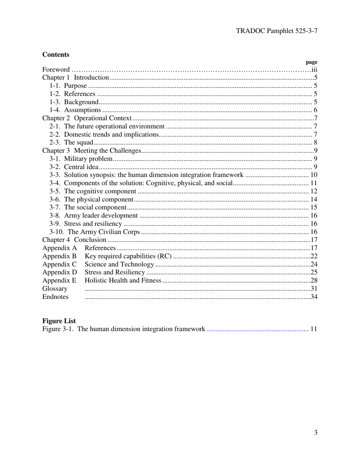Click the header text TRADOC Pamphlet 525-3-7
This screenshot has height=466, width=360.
point(276,31)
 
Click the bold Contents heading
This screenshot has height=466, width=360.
point(56,55)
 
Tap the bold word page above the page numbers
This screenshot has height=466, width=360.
point(311,62)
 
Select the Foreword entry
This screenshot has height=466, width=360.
point(56,70)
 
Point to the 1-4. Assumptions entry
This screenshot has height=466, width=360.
point(75,110)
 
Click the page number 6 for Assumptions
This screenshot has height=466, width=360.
point(315,110)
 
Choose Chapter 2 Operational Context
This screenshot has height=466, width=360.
point(87,118)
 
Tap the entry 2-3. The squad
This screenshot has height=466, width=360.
point(71,142)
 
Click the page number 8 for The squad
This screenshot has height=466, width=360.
point(315,142)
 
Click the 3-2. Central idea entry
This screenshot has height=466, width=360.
point(74,167)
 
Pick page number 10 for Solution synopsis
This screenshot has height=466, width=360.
point(314,175)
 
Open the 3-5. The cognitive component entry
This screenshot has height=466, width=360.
point(92,191)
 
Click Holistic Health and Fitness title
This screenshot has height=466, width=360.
point(123,281)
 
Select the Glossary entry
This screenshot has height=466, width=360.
point(55,289)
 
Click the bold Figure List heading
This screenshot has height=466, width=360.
point(59,321)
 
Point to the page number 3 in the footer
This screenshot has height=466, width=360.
point(315,433)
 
